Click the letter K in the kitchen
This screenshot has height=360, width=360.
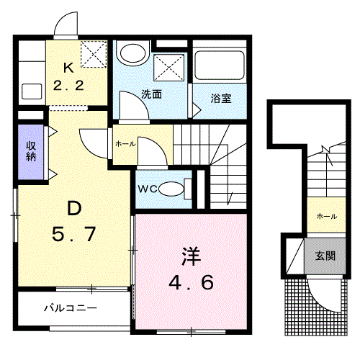[69, 70]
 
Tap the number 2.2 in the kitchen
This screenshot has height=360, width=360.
[69, 86]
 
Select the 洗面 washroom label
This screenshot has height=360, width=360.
[150, 94]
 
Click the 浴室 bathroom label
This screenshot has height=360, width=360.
[220, 99]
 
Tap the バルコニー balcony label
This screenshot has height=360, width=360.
[70, 307]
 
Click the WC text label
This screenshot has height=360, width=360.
[147, 189]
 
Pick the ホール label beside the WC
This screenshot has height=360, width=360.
[125, 144]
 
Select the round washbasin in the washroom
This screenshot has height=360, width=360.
[132, 53]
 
